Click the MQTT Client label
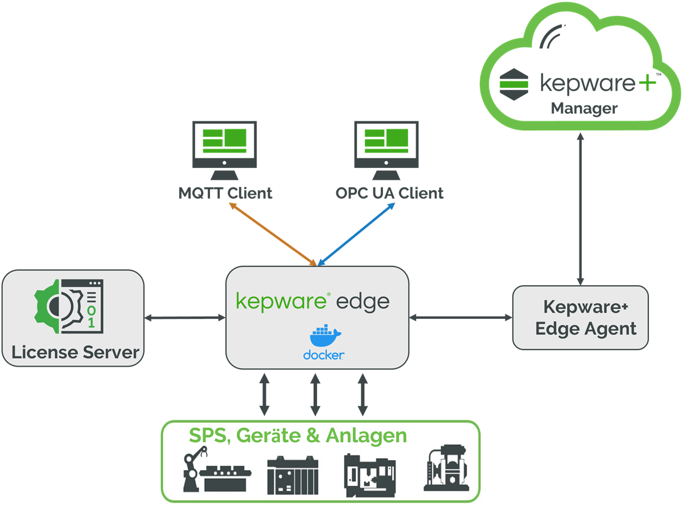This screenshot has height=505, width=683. click(225, 193)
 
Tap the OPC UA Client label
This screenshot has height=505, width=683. click(389, 193)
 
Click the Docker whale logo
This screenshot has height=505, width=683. click(323, 336)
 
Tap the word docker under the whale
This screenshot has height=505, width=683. click(323, 355)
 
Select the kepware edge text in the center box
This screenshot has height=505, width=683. click(312, 301)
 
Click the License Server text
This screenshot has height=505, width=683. click(75, 352)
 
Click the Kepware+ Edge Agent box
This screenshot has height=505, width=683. click(581, 318)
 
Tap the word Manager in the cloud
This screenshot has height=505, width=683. click(585, 108)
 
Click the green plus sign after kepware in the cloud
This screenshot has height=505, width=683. click(646, 83)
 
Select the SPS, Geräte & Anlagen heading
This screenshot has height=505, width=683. click(298, 436)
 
